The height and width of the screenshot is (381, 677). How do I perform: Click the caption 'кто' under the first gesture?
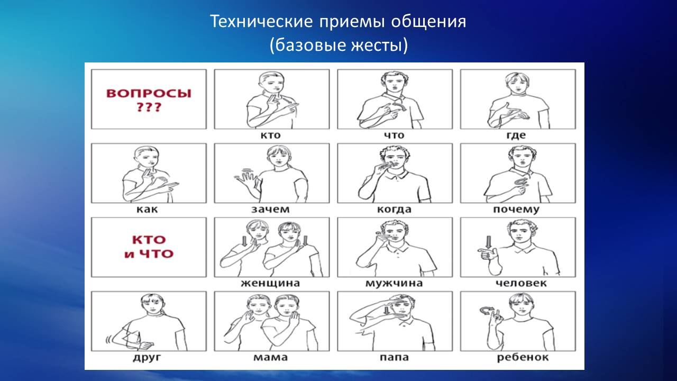(270, 135)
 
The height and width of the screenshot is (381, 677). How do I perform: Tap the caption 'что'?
(394, 135)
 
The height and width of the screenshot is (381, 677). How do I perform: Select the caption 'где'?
(516, 135)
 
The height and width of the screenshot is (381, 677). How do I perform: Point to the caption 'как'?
(147, 209)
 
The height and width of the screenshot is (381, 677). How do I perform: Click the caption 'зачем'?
(270, 209)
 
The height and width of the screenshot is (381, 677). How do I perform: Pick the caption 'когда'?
(394, 209)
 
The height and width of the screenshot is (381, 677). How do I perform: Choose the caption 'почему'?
(516, 210)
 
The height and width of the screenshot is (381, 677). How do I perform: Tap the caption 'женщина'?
(270, 283)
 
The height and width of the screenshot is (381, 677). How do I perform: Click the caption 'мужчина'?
(394, 283)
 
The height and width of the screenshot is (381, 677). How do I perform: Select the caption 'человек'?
(522, 283)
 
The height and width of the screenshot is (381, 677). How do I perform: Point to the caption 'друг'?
(147, 357)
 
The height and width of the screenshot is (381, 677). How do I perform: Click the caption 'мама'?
(270, 357)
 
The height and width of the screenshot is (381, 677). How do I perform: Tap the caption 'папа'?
(394, 357)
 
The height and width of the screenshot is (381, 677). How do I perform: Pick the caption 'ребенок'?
(523, 357)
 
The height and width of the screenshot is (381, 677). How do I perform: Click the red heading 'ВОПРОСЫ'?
(149, 94)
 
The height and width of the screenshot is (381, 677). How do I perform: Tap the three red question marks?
(149, 107)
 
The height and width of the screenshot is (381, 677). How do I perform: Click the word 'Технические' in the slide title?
(261, 22)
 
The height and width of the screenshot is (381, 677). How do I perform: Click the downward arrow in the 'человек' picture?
(488, 242)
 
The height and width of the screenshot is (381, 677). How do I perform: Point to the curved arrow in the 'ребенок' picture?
(486, 310)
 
